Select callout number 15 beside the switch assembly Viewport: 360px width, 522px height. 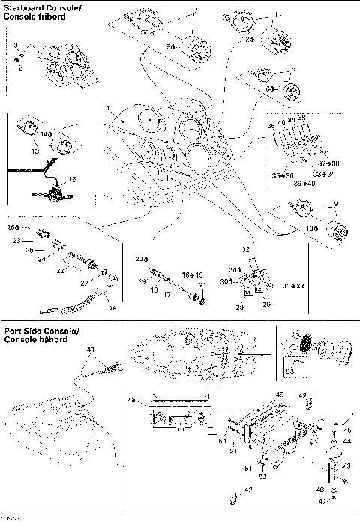coord(73,180)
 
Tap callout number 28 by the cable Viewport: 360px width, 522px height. coord(112,309)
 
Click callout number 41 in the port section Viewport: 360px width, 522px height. coord(91,349)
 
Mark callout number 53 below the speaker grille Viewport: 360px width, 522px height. coord(290,370)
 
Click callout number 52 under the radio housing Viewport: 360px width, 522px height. coord(264,477)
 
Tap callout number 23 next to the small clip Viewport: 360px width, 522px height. coord(15,241)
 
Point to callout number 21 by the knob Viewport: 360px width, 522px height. coord(202,286)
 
